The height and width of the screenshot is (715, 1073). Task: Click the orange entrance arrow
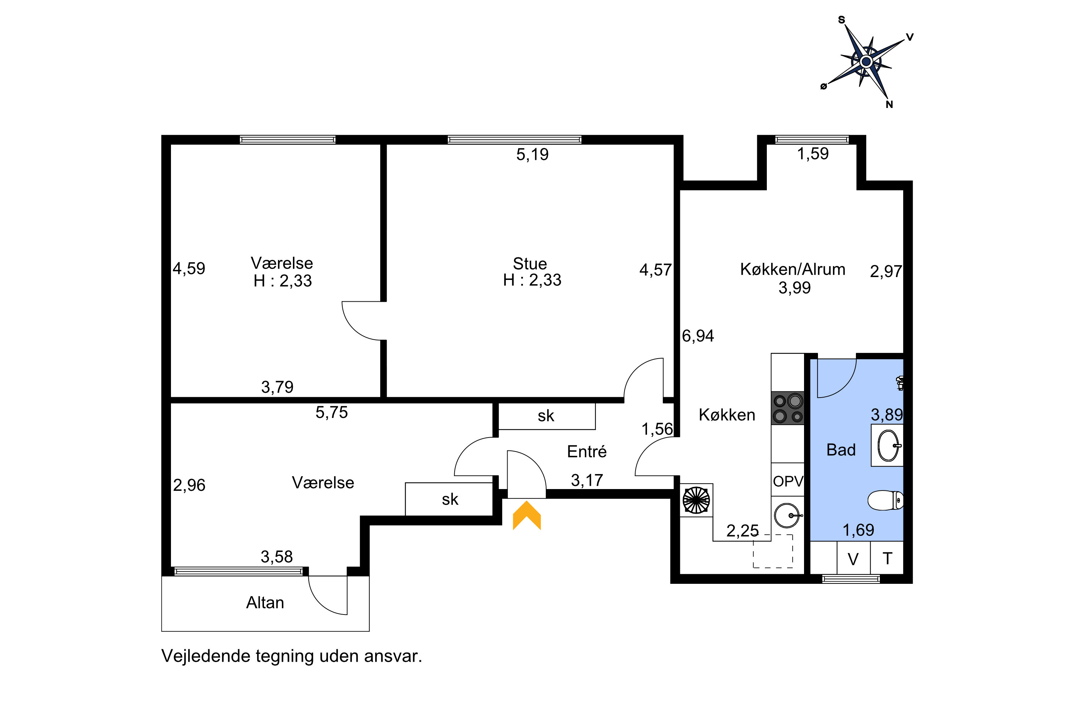coord(526,516)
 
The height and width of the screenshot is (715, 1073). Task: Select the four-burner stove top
coord(788,408)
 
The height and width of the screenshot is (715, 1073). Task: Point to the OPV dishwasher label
coord(788,481)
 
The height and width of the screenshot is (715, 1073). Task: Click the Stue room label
coord(530,263)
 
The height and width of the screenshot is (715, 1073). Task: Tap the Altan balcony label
coord(265,603)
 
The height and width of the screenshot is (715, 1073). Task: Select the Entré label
coord(587,452)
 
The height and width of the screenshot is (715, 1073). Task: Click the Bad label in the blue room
coord(841,450)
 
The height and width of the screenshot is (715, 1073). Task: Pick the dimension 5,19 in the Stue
coord(533,154)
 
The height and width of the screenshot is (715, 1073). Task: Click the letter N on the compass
coord(889,104)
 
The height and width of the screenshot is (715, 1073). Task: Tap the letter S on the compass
coord(842,20)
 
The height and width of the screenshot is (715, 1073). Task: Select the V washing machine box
coord(853,558)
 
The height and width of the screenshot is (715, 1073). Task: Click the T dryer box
coord(887,558)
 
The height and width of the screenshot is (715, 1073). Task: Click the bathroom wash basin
coord(888,445)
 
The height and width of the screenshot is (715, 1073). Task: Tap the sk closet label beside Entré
coord(546,416)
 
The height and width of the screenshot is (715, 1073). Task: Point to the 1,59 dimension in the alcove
coord(813,154)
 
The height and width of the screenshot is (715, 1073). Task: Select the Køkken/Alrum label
coord(793,269)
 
